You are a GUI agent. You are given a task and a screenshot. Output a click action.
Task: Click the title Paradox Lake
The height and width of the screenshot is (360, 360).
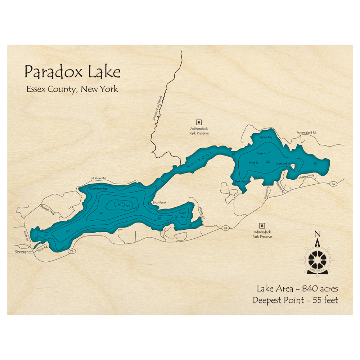(72, 72)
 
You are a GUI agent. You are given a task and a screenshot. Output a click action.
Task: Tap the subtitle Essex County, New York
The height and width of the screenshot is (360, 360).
(72, 89)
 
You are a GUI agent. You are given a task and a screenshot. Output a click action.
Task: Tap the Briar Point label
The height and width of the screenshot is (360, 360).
(159, 203)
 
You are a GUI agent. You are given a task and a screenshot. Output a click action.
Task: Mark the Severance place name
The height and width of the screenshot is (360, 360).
(24, 252)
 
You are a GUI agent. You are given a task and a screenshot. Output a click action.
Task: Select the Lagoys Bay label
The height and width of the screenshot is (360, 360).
(265, 138)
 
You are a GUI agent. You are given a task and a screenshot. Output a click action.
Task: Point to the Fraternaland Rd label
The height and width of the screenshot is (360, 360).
(306, 132)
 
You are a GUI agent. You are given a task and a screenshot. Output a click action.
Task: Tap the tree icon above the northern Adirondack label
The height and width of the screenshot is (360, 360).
(198, 122)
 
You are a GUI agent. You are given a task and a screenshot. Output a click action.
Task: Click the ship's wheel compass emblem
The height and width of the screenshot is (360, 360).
(317, 258)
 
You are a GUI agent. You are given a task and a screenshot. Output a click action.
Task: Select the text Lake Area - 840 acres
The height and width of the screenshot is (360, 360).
(297, 289)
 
